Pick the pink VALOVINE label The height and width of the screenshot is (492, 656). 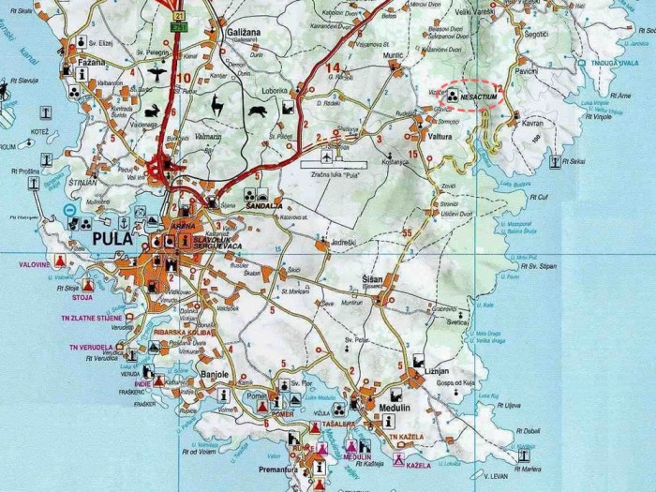pyautogui.click(x=33, y=265)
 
